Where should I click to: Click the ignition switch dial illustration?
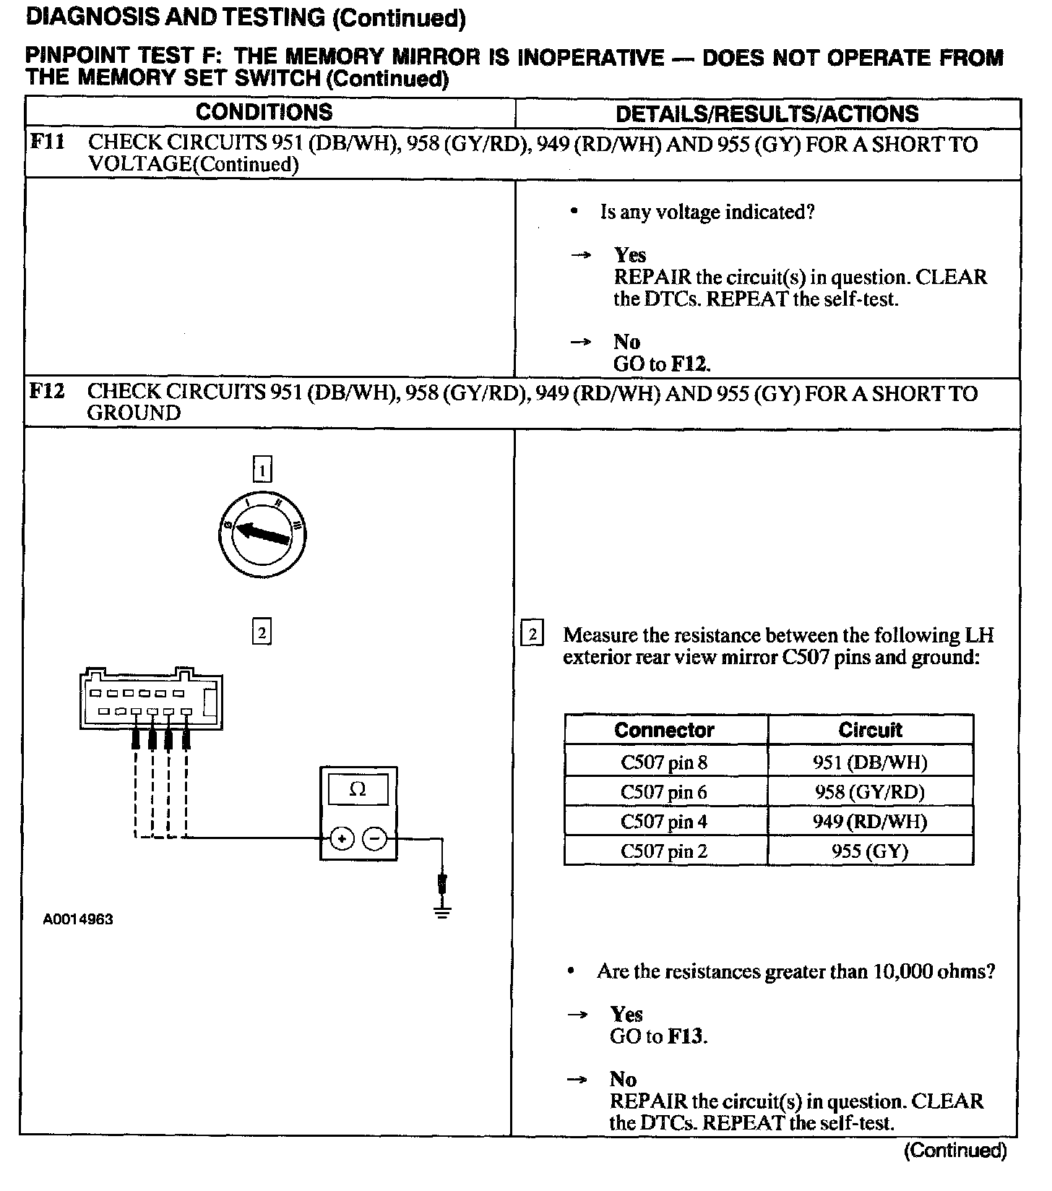click(262, 535)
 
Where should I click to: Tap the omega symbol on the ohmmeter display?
click(358, 789)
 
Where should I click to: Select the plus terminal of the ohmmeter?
click(341, 839)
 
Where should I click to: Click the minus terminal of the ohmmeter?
click(374, 839)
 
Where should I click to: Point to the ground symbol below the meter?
click(443, 911)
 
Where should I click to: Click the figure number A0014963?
click(77, 920)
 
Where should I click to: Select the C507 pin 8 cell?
click(664, 762)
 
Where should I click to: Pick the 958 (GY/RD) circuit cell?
click(870, 792)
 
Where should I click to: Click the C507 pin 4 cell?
click(664, 822)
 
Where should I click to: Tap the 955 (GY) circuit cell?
click(870, 851)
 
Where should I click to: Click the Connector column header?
click(664, 730)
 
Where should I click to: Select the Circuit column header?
click(870, 730)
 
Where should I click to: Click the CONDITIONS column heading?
click(264, 112)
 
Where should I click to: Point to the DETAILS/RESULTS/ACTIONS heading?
click(767, 113)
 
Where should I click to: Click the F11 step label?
click(47, 142)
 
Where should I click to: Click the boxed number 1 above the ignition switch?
click(262, 471)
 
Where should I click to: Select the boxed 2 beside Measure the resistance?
click(533, 635)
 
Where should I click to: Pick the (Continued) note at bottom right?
click(955, 1151)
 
